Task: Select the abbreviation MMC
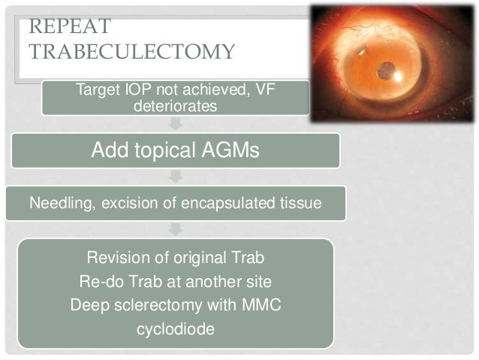pos(264,306)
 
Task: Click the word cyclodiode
pos(176,329)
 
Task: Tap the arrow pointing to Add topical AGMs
pos(176,125)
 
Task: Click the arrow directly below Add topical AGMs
pos(176,177)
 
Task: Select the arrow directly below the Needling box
pos(176,228)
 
